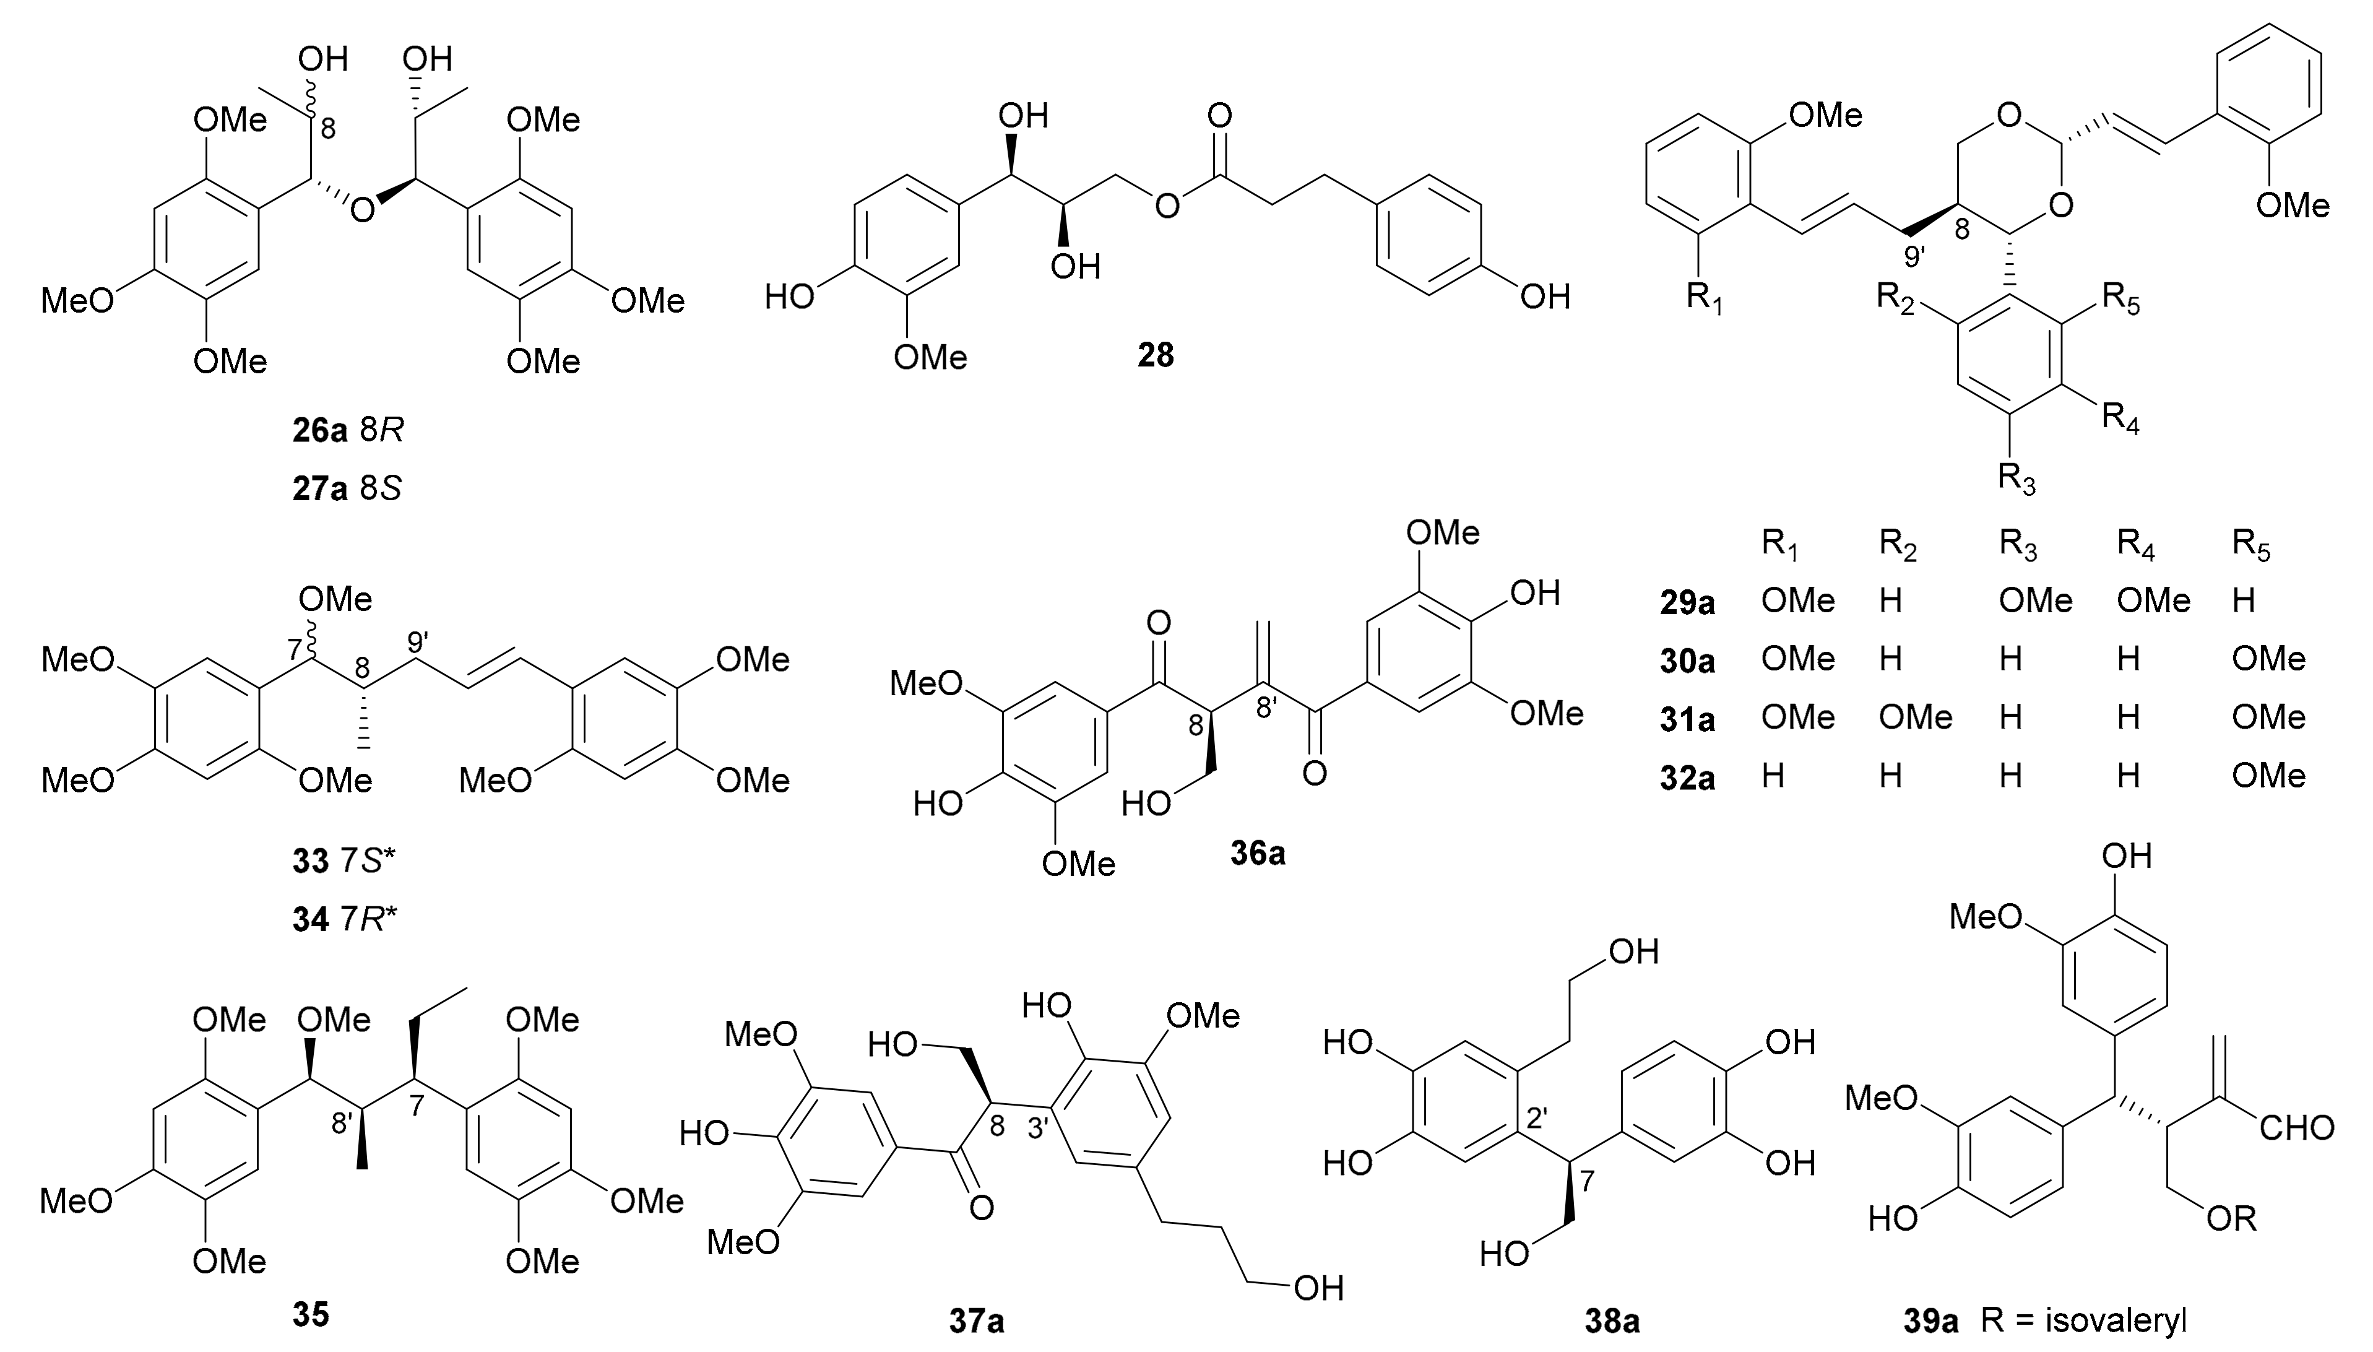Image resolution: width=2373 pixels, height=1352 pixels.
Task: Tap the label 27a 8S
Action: pos(347,488)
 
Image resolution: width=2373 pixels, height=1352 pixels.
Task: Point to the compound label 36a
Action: pos(1257,852)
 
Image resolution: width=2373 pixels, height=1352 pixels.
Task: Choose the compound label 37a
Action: pos(975,1320)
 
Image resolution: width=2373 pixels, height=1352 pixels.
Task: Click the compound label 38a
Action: pos(1610,1320)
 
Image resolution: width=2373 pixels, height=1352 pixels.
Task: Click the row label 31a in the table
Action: pos(1687,719)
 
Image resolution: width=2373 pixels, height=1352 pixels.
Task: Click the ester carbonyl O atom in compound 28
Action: pos(1219,116)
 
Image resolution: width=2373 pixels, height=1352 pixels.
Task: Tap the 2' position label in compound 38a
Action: pos(1536,1119)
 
